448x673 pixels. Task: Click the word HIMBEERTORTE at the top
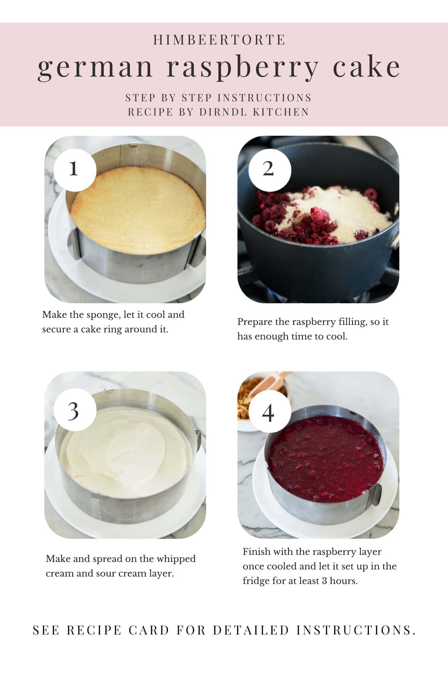point(220,40)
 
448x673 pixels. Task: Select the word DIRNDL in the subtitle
point(224,112)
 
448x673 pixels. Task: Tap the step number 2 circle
point(269,169)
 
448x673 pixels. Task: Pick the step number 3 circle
point(74,411)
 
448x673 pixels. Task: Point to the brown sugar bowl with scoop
point(261,393)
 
